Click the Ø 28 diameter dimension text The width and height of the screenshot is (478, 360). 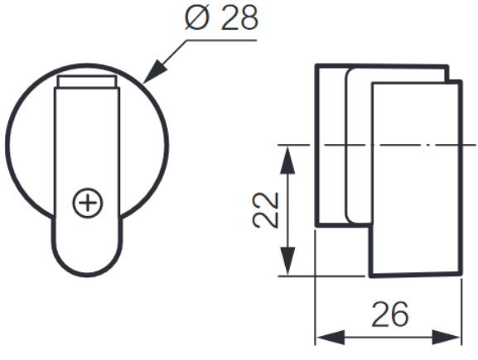coord(220,18)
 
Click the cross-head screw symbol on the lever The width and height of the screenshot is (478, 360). coord(86,202)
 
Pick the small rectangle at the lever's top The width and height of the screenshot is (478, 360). coord(86,83)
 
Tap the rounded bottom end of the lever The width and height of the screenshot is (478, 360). coord(86,261)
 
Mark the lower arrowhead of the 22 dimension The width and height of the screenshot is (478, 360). coord(286,266)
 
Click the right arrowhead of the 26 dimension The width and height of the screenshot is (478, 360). coord(451,338)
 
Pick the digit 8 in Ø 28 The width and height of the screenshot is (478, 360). coord(245,18)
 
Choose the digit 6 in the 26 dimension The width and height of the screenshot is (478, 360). coord(401,314)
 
